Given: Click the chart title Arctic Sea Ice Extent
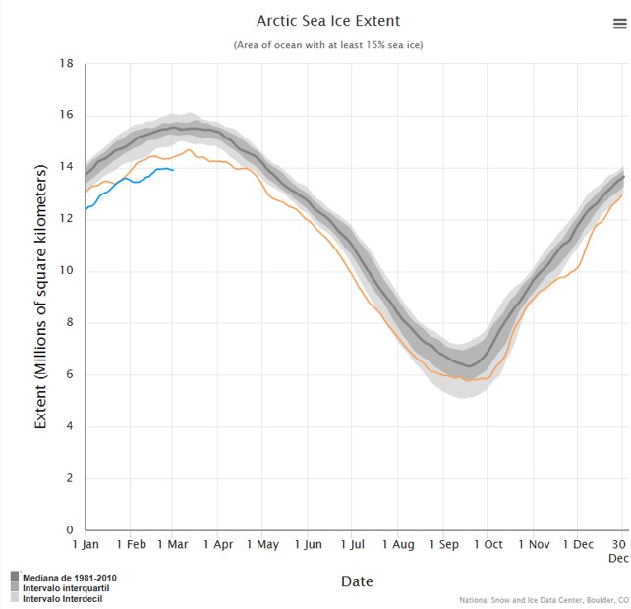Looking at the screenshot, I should coord(328,21).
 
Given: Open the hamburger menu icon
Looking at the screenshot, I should coord(619,25).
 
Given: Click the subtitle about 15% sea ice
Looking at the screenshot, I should coord(328,45).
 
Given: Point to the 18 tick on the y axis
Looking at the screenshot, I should coord(68,64).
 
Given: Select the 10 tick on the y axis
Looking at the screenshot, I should coord(68,271).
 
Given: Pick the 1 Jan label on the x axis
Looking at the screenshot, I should coord(86,544).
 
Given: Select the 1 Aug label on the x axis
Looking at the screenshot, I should coord(398,544).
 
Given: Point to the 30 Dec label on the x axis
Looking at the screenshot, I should coord(618,550).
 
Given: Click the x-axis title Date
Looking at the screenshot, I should coord(357,581).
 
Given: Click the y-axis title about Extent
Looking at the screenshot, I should coord(41,298).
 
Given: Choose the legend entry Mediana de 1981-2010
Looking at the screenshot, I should coord(72,577).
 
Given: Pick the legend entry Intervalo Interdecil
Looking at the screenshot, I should coord(62,598).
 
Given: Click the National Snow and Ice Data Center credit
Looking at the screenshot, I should coord(544,600).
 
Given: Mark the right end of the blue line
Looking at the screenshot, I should coord(173,170).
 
